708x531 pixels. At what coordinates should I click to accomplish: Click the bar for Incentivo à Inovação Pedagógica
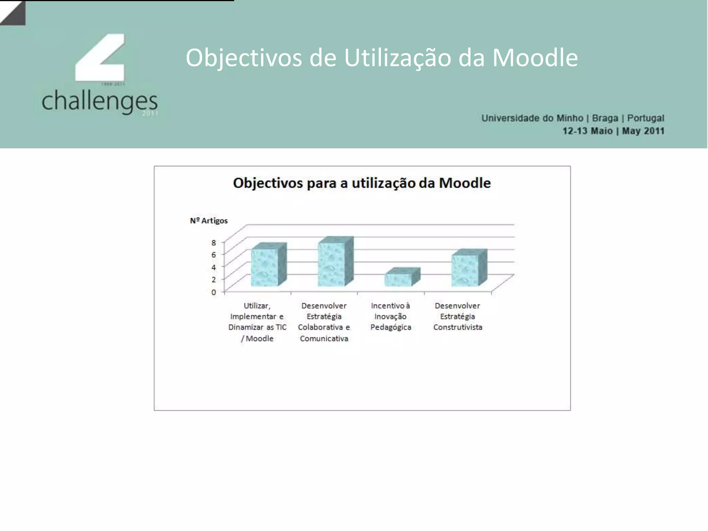(x=399, y=279)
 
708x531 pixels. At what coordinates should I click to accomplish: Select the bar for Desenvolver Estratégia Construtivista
(x=466, y=270)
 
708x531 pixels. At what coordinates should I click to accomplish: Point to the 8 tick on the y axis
(x=214, y=242)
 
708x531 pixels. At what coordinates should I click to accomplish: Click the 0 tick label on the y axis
(x=214, y=292)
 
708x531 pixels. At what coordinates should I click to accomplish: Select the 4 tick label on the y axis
(x=214, y=267)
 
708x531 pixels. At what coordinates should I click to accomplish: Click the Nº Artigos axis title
(x=209, y=221)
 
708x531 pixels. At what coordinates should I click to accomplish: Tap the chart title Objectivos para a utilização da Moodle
(x=362, y=183)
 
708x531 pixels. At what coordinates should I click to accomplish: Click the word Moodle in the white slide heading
(x=534, y=57)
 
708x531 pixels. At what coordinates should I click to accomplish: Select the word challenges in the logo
(x=100, y=101)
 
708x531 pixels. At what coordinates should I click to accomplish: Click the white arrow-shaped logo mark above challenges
(x=100, y=57)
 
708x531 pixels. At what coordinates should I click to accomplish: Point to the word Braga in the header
(x=605, y=118)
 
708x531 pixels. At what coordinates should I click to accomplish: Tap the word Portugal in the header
(x=645, y=118)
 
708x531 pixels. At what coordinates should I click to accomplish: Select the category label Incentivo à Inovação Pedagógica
(x=391, y=316)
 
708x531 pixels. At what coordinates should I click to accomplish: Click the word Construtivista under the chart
(x=457, y=327)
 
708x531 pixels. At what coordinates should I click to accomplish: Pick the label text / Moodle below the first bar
(x=257, y=338)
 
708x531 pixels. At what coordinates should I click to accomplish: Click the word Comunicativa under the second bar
(x=324, y=338)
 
